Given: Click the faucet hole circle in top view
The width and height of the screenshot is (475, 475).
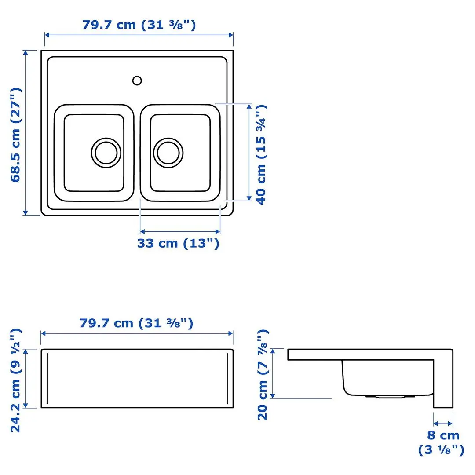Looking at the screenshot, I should (137, 80).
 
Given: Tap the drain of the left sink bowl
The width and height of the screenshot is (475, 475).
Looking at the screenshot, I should (106, 152).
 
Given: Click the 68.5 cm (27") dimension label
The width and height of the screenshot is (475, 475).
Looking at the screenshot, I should (16, 134).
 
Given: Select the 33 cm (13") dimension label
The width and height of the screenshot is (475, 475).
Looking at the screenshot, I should (178, 243).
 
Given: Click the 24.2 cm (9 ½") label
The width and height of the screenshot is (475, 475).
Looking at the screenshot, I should (16, 380).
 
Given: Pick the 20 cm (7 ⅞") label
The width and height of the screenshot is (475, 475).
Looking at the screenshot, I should (263, 375).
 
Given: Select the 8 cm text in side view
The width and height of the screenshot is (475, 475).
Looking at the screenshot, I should (443, 435).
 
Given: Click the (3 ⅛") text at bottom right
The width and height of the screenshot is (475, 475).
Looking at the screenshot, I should (441, 450).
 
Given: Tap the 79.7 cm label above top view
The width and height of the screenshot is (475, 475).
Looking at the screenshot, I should (139, 25).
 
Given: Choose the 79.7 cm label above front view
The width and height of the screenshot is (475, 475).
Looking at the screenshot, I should (136, 323).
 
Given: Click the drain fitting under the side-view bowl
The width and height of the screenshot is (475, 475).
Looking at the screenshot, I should (390, 396).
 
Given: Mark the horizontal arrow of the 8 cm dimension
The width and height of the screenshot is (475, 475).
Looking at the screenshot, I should (443, 424).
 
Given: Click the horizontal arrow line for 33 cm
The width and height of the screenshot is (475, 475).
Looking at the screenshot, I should (180, 231).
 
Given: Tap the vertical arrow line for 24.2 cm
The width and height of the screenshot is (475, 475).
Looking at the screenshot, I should (26, 378).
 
